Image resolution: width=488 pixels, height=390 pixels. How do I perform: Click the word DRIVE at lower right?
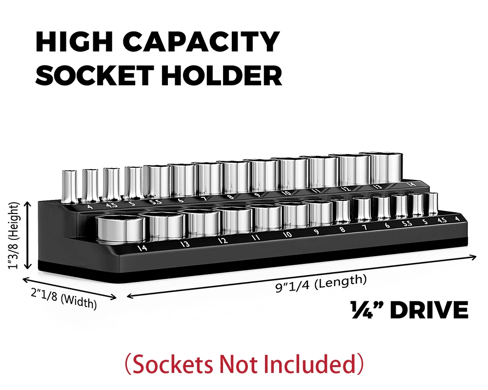click(x=429, y=311)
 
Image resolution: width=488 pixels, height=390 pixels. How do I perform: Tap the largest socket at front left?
click(x=121, y=230)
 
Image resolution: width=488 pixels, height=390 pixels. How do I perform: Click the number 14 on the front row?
click(x=142, y=248)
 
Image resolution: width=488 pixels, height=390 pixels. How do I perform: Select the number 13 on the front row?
click(x=185, y=244)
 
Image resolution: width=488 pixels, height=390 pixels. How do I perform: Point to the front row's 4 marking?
click(x=457, y=218)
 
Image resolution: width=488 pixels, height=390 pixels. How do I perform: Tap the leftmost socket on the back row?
click(x=68, y=185)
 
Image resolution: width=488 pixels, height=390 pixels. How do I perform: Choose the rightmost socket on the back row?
click(x=386, y=168)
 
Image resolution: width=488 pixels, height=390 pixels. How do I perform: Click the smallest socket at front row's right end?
click(x=431, y=204)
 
